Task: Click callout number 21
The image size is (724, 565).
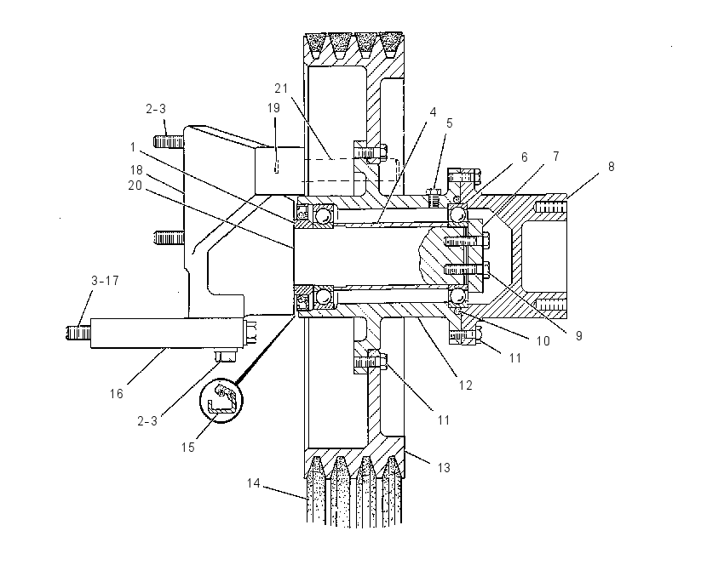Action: tap(281, 88)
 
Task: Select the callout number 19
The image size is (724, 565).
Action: tap(273, 108)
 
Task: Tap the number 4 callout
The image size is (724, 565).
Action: tap(433, 112)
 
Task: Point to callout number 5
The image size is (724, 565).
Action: tap(449, 123)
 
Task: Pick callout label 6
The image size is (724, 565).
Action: tap(524, 157)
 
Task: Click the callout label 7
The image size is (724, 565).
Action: tap(556, 157)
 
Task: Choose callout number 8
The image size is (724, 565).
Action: tap(611, 167)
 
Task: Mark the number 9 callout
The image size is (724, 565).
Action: tap(578, 336)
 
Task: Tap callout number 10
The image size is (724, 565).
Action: tap(543, 341)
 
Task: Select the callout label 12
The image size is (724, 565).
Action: tap(465, 385)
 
